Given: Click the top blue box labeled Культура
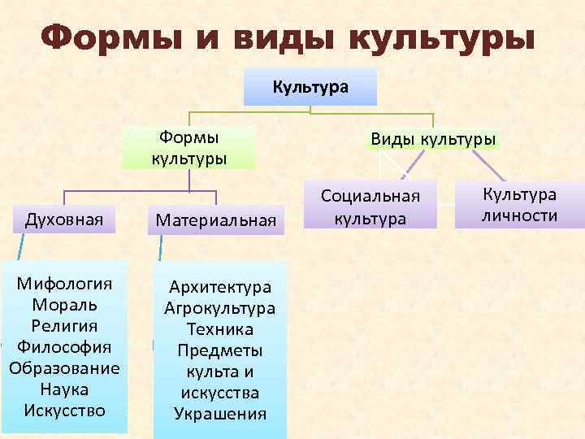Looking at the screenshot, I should pos(310,86).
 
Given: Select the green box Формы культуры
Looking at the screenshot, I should pos(188,146).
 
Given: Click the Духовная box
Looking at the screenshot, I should pos(65,219).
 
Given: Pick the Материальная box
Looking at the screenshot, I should pos(216,219).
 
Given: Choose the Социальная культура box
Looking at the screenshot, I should pos(370,206).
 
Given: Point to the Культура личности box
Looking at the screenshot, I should pos(520,204).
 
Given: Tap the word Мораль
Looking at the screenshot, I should pos(65,305).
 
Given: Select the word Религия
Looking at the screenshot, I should pos(65,326).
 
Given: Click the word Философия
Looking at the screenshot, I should pos(65,347).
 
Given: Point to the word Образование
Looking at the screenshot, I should pos(65,367).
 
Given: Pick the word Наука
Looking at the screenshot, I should pos(65,389).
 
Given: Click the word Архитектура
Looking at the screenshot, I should pos(220,287).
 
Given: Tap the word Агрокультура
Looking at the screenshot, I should pos(220,308).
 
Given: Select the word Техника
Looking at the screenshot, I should pos(220,329).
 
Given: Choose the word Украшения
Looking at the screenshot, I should pos(220,413).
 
